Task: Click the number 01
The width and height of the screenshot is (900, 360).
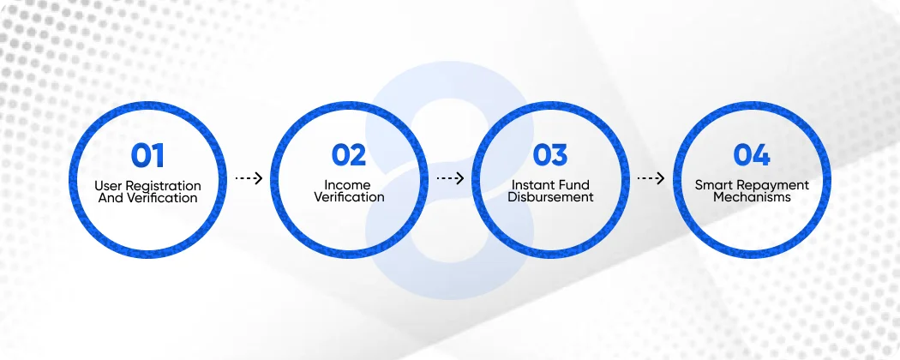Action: pos(147,155)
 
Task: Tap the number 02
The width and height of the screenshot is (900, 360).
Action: pos(349,155)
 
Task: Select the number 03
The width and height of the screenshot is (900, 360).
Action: pos(550,155)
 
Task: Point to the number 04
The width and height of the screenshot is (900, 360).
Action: pos(752,155)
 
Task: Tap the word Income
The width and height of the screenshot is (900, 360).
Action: pos(348,185)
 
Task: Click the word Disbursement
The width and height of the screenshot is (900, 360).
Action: pos(550,197)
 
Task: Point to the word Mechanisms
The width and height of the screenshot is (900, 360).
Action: pos(752,197)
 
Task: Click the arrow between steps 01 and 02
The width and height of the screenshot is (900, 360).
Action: pos(249,179)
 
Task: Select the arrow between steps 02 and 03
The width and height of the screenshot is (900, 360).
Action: pos(450,179)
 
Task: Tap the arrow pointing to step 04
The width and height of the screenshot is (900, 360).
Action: pos(651,179)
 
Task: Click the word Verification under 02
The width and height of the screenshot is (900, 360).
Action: pos(349,197)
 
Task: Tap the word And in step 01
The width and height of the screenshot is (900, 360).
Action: pos(111,197)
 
